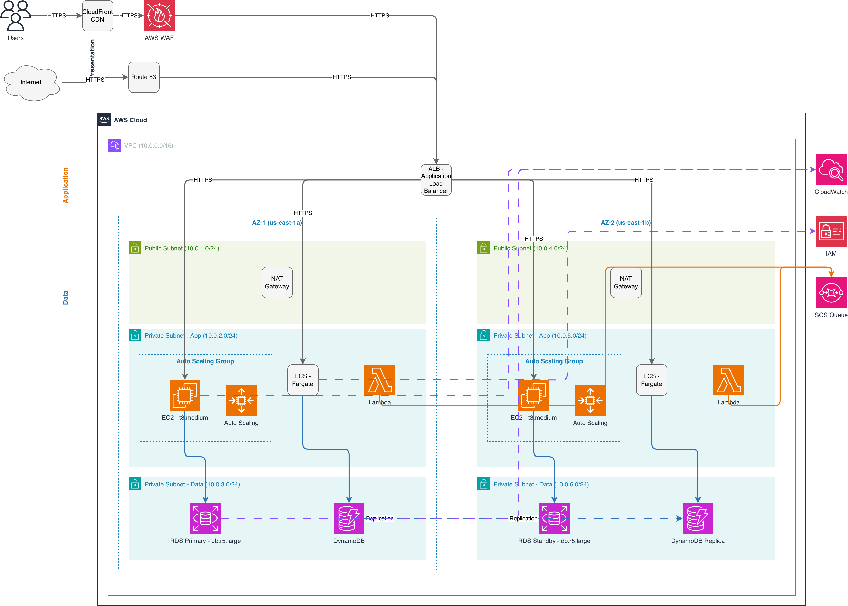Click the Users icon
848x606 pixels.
coord(16,15)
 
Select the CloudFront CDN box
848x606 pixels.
coord(97,15)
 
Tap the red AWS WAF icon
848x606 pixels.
coord(159,15)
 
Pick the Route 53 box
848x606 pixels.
coord(144,77)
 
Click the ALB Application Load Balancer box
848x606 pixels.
coord(436,180)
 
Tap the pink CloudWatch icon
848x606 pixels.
coord(831,169)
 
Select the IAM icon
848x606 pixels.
coord(831,231)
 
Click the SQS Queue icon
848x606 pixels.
coord(831,292)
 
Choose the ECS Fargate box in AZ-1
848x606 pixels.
coord(303,380)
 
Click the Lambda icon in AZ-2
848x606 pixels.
coord(729,380)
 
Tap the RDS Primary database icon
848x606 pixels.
coord(205,518)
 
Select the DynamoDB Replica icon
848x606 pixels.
coord(698,518)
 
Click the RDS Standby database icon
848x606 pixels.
coord(554,518)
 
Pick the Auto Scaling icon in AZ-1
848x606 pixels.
coord(241,400)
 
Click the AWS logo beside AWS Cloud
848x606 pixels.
coord(104,120)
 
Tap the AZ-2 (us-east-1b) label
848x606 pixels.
coord(626,223)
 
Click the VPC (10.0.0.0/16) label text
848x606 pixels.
coord(149,145)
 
